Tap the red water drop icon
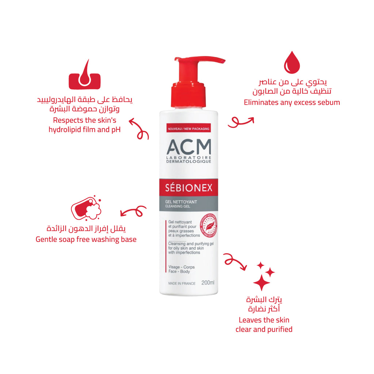tap(292, 63)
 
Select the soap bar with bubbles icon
tap(86, 208)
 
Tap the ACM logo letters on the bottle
tap(189, 147)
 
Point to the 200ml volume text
tap(208, 283)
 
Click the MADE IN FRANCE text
tap(182, 283)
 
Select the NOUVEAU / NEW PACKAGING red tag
tap(189, 129)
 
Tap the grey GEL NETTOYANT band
tap(189, 204)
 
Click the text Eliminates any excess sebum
tap(292, 102)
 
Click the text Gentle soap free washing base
tap(86, 240)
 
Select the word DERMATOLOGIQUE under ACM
tap(189, 161)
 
